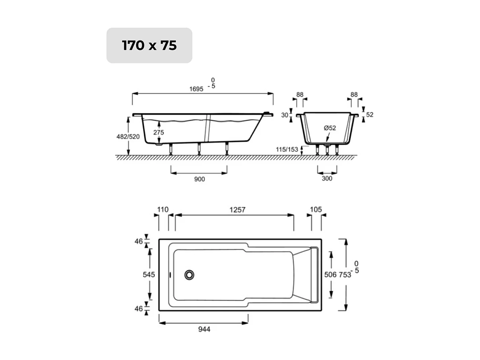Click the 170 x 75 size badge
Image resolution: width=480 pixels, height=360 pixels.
click(149, 45)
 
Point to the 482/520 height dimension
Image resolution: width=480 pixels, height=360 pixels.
click(128, 137)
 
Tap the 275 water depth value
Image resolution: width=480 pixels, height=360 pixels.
click(158, 132)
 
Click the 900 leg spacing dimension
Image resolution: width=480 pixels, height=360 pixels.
click(199, 179)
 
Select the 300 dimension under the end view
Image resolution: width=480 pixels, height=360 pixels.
click(327, 178)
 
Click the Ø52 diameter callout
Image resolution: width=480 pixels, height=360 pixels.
click(330, 128)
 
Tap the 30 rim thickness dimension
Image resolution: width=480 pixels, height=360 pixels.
click(284, 115)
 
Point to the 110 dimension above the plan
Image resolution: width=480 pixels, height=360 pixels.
click(163, 209)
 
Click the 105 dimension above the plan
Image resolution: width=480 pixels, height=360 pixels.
click(316, 209)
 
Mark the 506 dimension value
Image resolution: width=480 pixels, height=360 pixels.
click(331, 275)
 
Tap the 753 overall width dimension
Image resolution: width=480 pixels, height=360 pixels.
click(345, 275)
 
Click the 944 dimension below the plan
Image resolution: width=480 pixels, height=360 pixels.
click(203, 329)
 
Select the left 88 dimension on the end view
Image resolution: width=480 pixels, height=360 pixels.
click(300, 95)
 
